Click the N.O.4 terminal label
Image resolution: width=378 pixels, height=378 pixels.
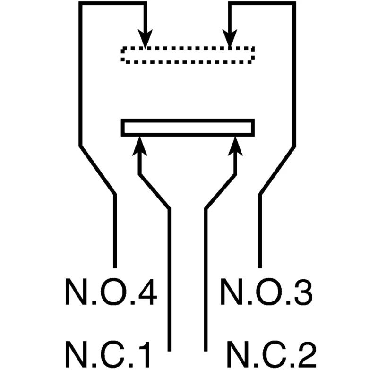tap(111, 292)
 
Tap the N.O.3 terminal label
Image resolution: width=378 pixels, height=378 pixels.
tap(266, 292)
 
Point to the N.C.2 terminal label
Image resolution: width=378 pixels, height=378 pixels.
tap(272, 354)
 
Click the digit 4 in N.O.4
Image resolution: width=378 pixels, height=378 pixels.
tap(147, 292)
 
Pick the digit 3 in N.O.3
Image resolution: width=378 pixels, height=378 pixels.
tap(302, 292)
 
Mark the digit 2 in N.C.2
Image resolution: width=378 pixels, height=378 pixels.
tap(306, 354)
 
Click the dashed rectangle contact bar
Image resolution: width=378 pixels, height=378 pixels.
tap(188, 55)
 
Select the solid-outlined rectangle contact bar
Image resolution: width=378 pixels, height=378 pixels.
tap(188, 128)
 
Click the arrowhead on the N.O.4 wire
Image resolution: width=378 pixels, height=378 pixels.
tap(145, 39)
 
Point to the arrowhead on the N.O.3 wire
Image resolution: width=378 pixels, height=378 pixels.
tap(230, 39)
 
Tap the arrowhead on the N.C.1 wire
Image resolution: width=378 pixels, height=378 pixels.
tap(139, 146)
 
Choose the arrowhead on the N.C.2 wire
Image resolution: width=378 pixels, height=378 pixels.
tap(235, 146)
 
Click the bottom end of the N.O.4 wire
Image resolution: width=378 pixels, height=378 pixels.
tap(115, 267)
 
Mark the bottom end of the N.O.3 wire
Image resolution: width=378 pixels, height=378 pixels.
tap(260, 267)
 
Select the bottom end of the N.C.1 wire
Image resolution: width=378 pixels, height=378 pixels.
tap(169, 351)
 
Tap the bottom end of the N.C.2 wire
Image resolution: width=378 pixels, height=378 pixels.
tap(206, 351)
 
